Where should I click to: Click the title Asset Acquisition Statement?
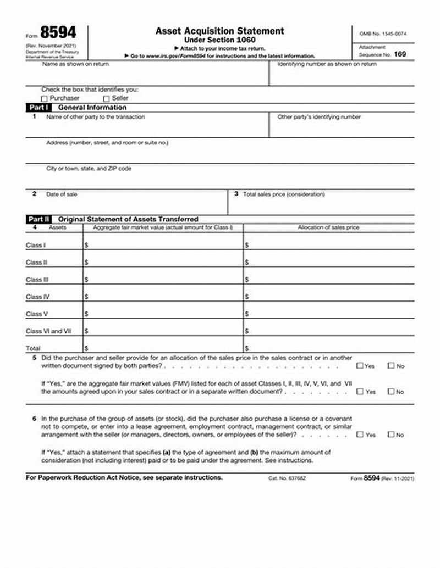[x=219, y=31]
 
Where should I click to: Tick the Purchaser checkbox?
[x=45, y=98]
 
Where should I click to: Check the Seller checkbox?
[x=107, y=98]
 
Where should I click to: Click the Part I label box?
[x=39, y=108]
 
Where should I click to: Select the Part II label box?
[x=40, y=219]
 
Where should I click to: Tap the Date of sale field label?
[x=62, y=194]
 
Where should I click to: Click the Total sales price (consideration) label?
[x=284, y=194]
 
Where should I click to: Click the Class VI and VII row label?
[x=48, y=331]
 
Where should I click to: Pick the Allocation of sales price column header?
[x=328, y=227]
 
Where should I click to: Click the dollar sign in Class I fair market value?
[x=86, y=246]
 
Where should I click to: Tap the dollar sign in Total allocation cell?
[x=247, y=348]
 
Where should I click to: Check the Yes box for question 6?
[x=360, y=435]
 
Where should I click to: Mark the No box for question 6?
[x=391, y=435]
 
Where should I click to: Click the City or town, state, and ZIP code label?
[x=89, y=169]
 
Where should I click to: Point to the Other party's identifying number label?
[x=319, y=117]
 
